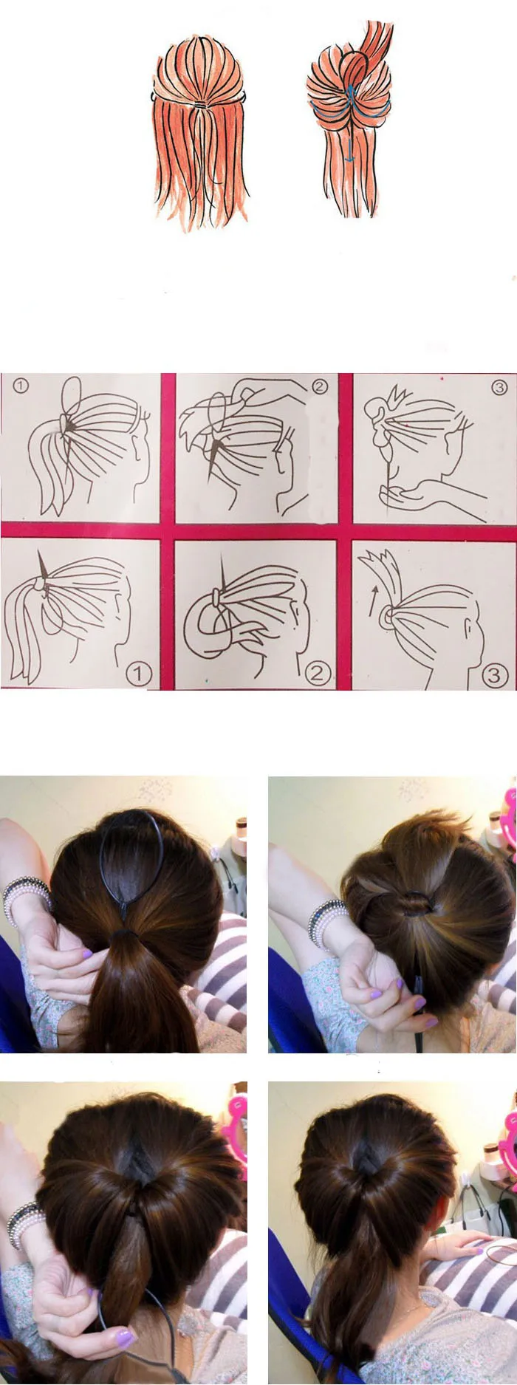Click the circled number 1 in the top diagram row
pos(21,386)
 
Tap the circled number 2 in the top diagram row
pos(319,386)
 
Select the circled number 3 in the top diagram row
pos(499,386)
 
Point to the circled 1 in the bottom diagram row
pos(139,674)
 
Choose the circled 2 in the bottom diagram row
pos(317,674)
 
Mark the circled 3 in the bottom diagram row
pos(495,674)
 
